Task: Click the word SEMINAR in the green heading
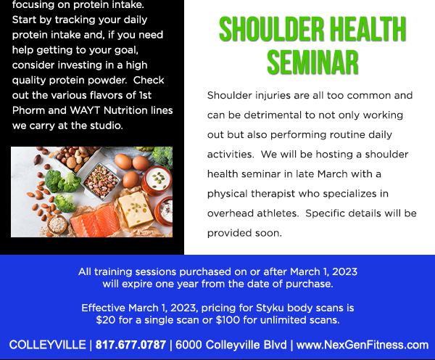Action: [x=312, y=62]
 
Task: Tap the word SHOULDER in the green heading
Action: [x=271, y=29]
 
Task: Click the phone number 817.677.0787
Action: [x=130, y=345]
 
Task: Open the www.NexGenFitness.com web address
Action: [x=362, y=345]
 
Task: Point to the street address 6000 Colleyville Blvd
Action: [x=231, y=345]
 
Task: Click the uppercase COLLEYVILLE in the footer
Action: [x=47, y=345]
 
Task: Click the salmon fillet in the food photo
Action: [x=95, y=221]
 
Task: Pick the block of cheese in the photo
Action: [x=136, y=209]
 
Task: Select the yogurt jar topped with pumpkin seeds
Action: [x=157, y=181]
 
